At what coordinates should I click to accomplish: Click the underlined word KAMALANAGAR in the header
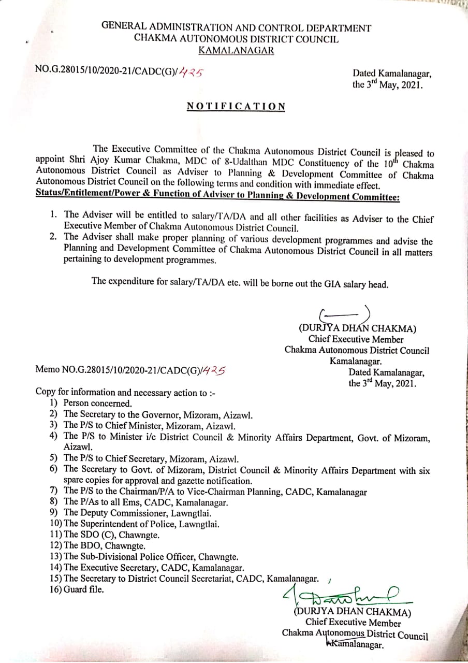point(236,50)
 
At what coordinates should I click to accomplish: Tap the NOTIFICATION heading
point(236,106)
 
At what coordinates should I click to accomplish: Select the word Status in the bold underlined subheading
point(49,197)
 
